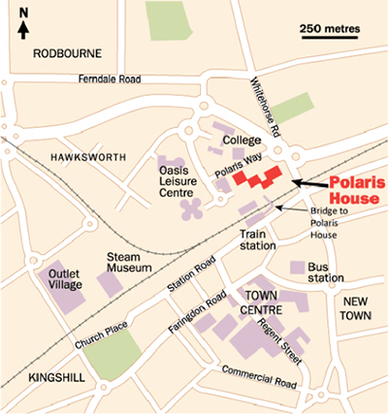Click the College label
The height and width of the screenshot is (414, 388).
pyautogui.click(x=242, y=141)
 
